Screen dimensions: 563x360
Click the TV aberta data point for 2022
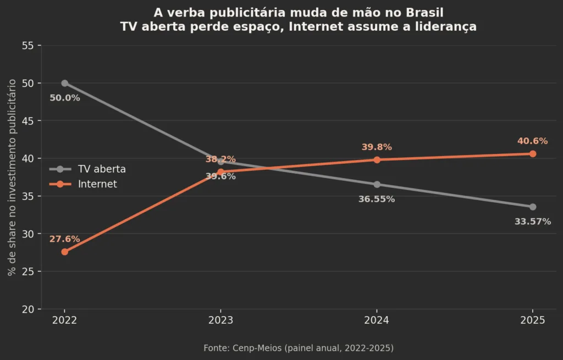[65, 84]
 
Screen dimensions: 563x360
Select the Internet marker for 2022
[65, 252]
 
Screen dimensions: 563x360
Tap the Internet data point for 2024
[377, 160]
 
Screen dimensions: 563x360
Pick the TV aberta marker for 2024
[377, 185]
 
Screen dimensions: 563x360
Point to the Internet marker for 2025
[533, 154]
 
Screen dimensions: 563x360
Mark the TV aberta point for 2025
[533, 207]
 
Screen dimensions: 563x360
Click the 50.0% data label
[65, 98]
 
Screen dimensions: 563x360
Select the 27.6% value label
[65, 239]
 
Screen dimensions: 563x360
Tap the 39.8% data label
[377, 147]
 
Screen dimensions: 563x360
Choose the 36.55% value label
[377, 199]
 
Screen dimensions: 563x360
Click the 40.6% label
[532, 141]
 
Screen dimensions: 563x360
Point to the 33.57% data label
[533, 221]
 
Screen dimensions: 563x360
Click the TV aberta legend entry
[87, 169]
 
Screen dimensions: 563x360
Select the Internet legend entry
[84, 184]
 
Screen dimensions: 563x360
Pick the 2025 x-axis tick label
[533, 320]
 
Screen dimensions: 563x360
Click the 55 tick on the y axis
[27, 46]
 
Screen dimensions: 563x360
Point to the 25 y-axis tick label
[27, 272]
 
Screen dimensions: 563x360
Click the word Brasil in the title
[425, 13]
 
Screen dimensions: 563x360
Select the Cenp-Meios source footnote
[299, 348]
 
